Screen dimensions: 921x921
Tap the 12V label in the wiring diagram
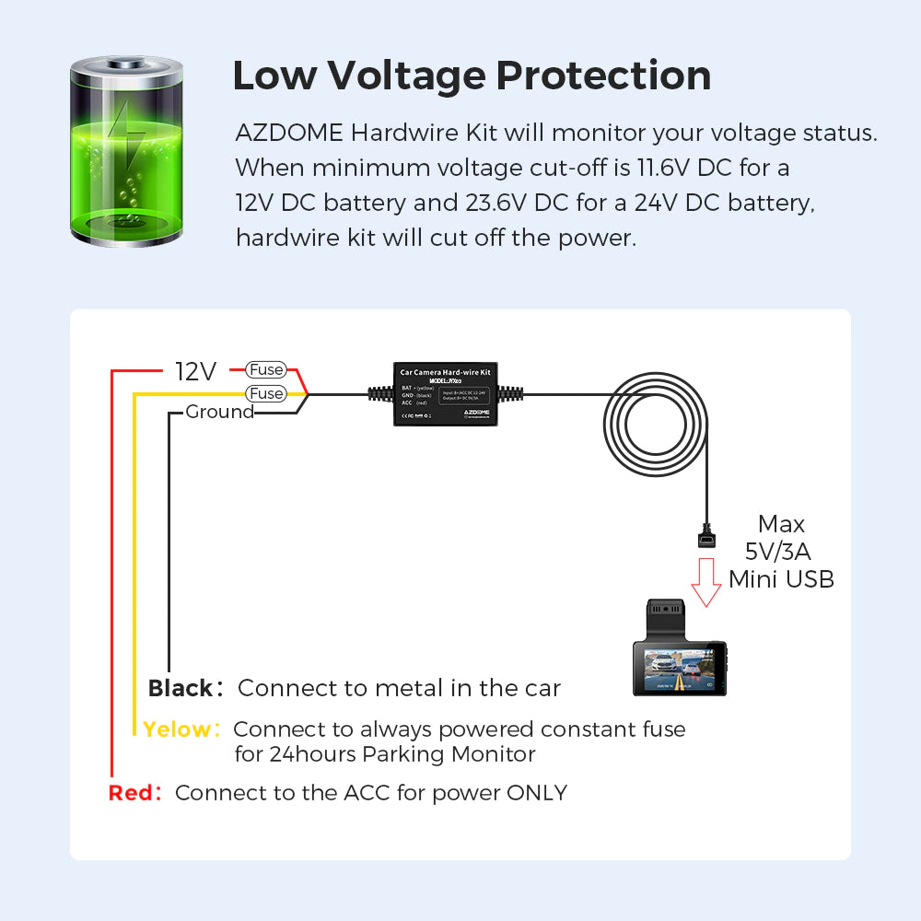(196, 371)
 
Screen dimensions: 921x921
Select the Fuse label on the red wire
(266, 369)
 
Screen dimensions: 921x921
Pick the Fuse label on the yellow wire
(266, 393)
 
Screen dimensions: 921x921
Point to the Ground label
(219, 412)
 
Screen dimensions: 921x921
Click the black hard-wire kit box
(446, 394)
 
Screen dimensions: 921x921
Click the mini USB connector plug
(707, 537)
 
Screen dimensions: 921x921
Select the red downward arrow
(706, 582)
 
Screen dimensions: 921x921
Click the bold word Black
(181, 688)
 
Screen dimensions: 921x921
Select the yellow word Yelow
(178, 729)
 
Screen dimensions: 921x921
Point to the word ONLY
(537, 793)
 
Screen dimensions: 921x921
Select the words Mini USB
(781, 579)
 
